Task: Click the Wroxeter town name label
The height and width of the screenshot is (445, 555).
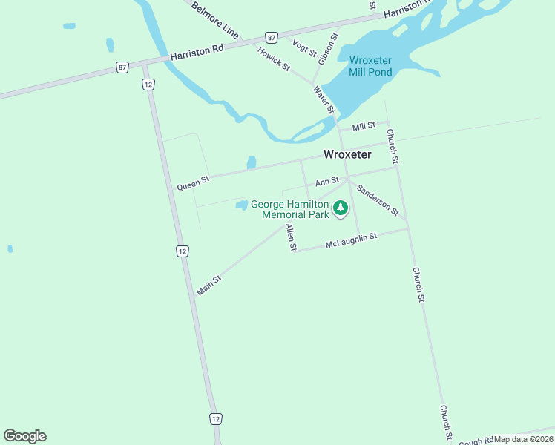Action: click(347, 154)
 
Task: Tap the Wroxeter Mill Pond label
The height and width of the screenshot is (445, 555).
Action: click(370, 66)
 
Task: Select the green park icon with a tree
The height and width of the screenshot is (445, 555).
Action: click(341, 208)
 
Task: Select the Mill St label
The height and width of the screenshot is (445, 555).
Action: click(364, 127)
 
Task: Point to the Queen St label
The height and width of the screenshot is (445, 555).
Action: click(193, 183)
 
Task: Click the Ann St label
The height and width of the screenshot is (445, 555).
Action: click(326, 181)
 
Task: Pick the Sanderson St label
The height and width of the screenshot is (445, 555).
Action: click(378, 200)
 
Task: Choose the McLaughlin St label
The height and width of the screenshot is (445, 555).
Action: click(352, 240)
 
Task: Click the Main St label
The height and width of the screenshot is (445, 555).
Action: click(209, 286)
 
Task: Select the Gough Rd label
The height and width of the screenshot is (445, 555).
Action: click(476, 441)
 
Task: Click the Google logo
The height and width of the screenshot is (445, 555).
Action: click(24, 436)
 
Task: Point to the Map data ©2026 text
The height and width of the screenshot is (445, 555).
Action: click(524, 439)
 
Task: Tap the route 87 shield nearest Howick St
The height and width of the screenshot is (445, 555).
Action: click(272, 38)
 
